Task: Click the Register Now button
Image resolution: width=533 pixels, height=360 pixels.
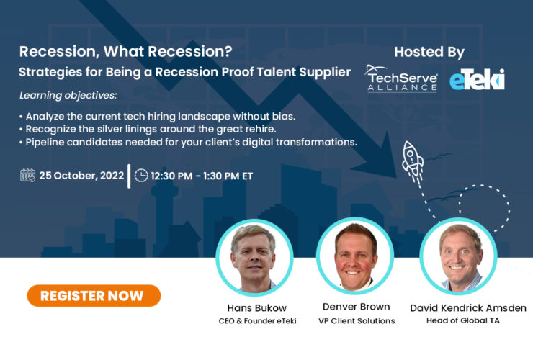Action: point(94,295)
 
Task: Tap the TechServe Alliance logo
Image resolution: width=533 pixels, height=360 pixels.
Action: point(401,78)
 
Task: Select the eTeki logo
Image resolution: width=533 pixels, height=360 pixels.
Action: point(477,79)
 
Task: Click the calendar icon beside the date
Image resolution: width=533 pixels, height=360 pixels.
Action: point(27,175)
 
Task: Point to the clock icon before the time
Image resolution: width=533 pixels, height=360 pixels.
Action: point(141,175)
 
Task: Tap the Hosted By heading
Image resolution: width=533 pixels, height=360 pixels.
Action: point(429,52)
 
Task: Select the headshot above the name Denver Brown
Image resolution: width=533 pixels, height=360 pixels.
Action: point(356,256)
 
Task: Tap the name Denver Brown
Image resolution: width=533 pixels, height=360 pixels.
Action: point(356,307)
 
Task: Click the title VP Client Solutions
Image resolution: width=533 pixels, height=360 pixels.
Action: point(356,321)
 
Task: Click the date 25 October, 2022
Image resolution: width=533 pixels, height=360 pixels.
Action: point(81,175)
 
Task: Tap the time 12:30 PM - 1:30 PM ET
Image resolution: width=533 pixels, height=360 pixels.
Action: point(201,175)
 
